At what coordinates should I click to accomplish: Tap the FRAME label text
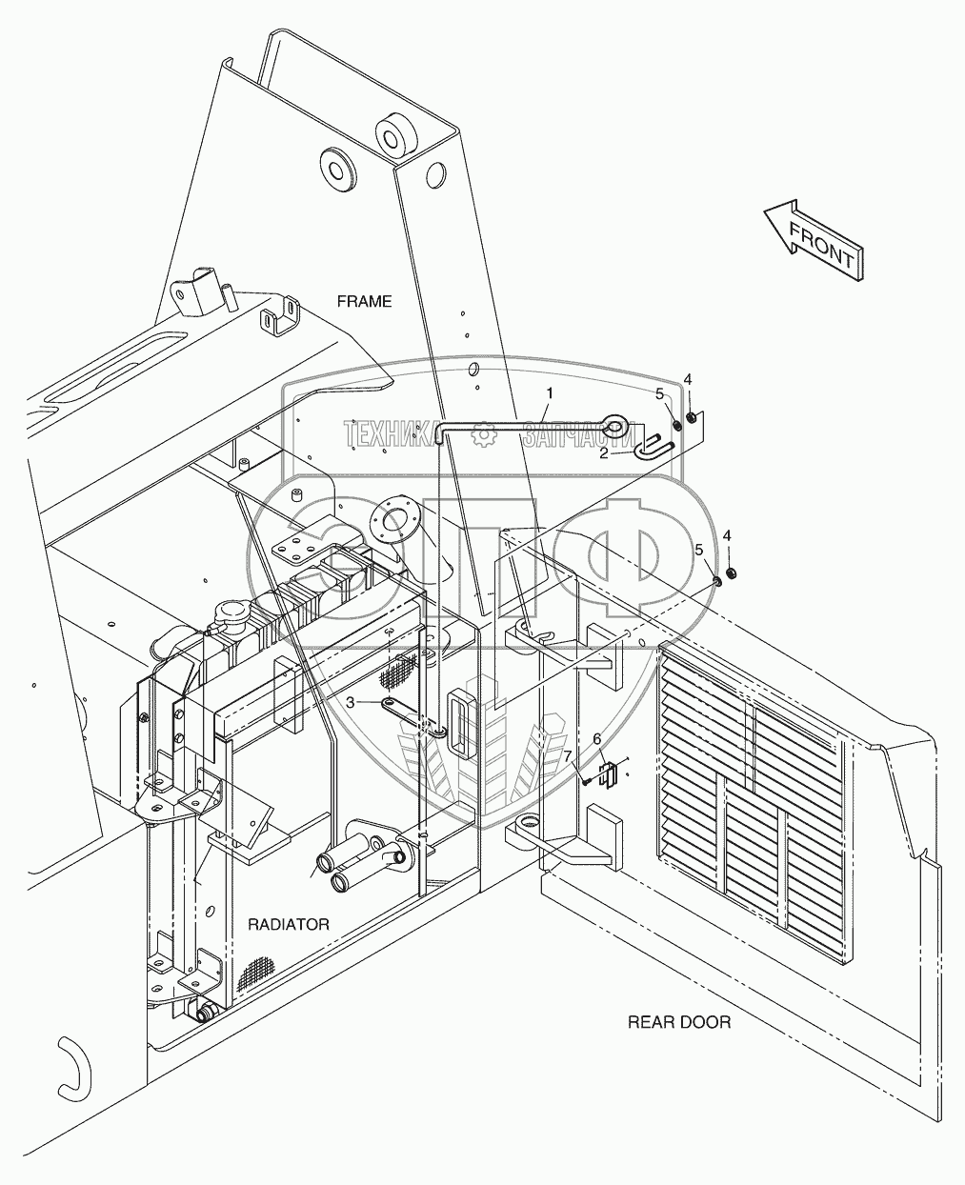point(364,301)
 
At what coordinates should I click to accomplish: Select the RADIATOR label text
point(289,924)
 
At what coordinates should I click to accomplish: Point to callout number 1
point(548,392)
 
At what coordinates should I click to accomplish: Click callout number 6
point(597,738)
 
